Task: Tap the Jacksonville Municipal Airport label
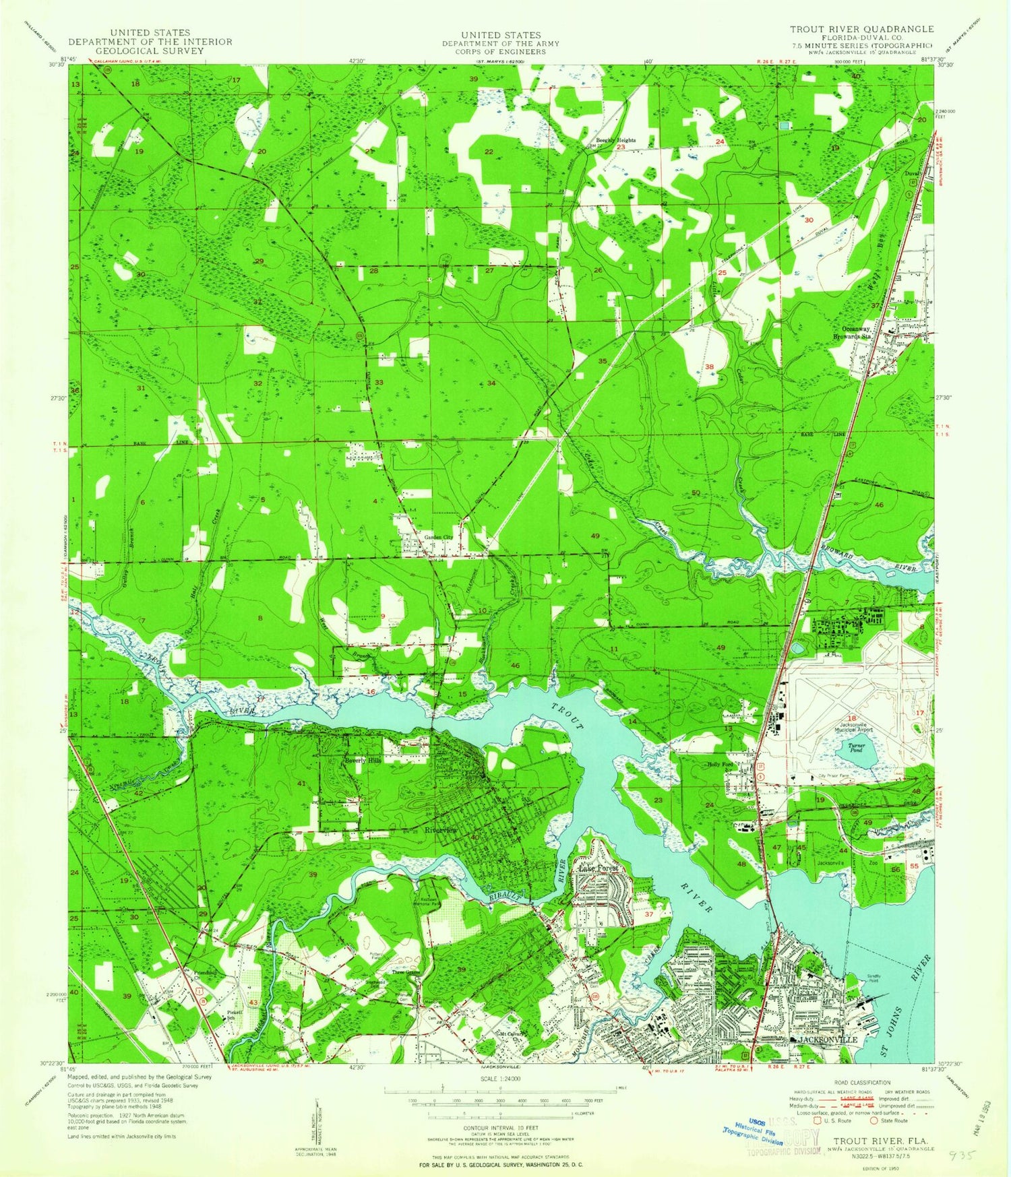[x=852, y=726]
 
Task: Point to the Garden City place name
[x=438, y=537]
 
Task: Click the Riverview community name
[x=441, y=830]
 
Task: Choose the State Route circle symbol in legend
[x=876, y=1121]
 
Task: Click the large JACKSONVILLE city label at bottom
[x=828, y=1040]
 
